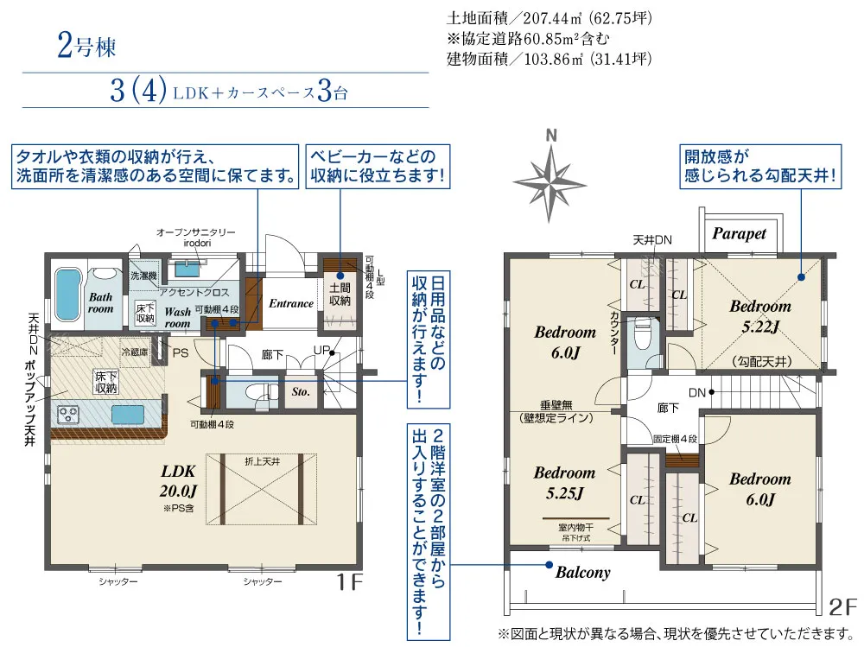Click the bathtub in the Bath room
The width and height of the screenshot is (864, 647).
click(67, 295)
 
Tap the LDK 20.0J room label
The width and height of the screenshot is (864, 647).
click(179, 479)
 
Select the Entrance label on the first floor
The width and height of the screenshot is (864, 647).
click(291, 303)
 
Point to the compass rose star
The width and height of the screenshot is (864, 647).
click(550, 179)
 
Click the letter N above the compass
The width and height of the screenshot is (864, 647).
click(550, 136)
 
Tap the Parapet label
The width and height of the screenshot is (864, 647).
click(739, 233)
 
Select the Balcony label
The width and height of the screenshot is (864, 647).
click(582, 572)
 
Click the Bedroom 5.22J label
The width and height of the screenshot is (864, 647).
click(759, 315)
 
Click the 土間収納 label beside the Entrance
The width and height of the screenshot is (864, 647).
click(340, 294)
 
